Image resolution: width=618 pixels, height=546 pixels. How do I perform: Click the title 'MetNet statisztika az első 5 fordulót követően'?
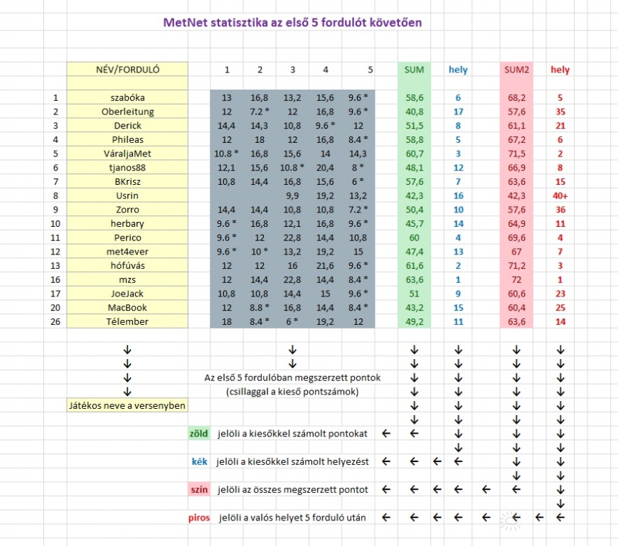pyautogui.click(x=292, y=23)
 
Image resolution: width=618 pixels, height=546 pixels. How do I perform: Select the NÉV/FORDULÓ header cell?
pyautogui.click(x=127, y=70)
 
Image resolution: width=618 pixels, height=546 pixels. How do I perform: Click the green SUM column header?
pyautogui.click(x=414, y=70)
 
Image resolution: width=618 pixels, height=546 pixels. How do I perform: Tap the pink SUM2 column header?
pyautogui.click(x=517, y=70)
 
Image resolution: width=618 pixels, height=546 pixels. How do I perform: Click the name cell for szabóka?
pyautogui.click(x=127, y=97)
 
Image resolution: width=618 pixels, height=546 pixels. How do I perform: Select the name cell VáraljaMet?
pyautogui.click(x=127, y=154)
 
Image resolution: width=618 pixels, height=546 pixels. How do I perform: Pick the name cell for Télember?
pyautogui.click(x=127, y=321)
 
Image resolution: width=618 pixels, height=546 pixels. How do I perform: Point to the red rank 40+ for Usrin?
pyautogui.click(x=560, y=196)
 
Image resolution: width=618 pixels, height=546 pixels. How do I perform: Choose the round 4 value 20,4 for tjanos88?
pyautogui.click(x=325, y=168)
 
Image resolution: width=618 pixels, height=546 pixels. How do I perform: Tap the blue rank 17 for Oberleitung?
pyautogui.click(x=458, y=112)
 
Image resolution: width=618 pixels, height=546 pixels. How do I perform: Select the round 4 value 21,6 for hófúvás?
pyautogui.click(x=325, y=265)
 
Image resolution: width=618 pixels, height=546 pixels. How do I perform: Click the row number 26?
pyautogui.click(x=55, y=321)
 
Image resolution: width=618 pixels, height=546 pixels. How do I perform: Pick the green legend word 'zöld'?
pyautogui.click(x=198, y=433)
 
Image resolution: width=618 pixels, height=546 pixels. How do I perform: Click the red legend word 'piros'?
pyautogui.click(x=199, y=518)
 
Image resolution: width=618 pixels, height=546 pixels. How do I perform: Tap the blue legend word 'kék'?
pyautogui.click(x=199, y=461)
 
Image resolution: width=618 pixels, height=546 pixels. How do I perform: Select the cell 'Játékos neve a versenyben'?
pyautogui.click(x=127, y=405)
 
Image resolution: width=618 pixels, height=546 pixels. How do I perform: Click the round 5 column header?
pyautogui.click(x=370, y=70)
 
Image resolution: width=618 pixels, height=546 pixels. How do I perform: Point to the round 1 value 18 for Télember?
pyautogui.click(x=227, y=321)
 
